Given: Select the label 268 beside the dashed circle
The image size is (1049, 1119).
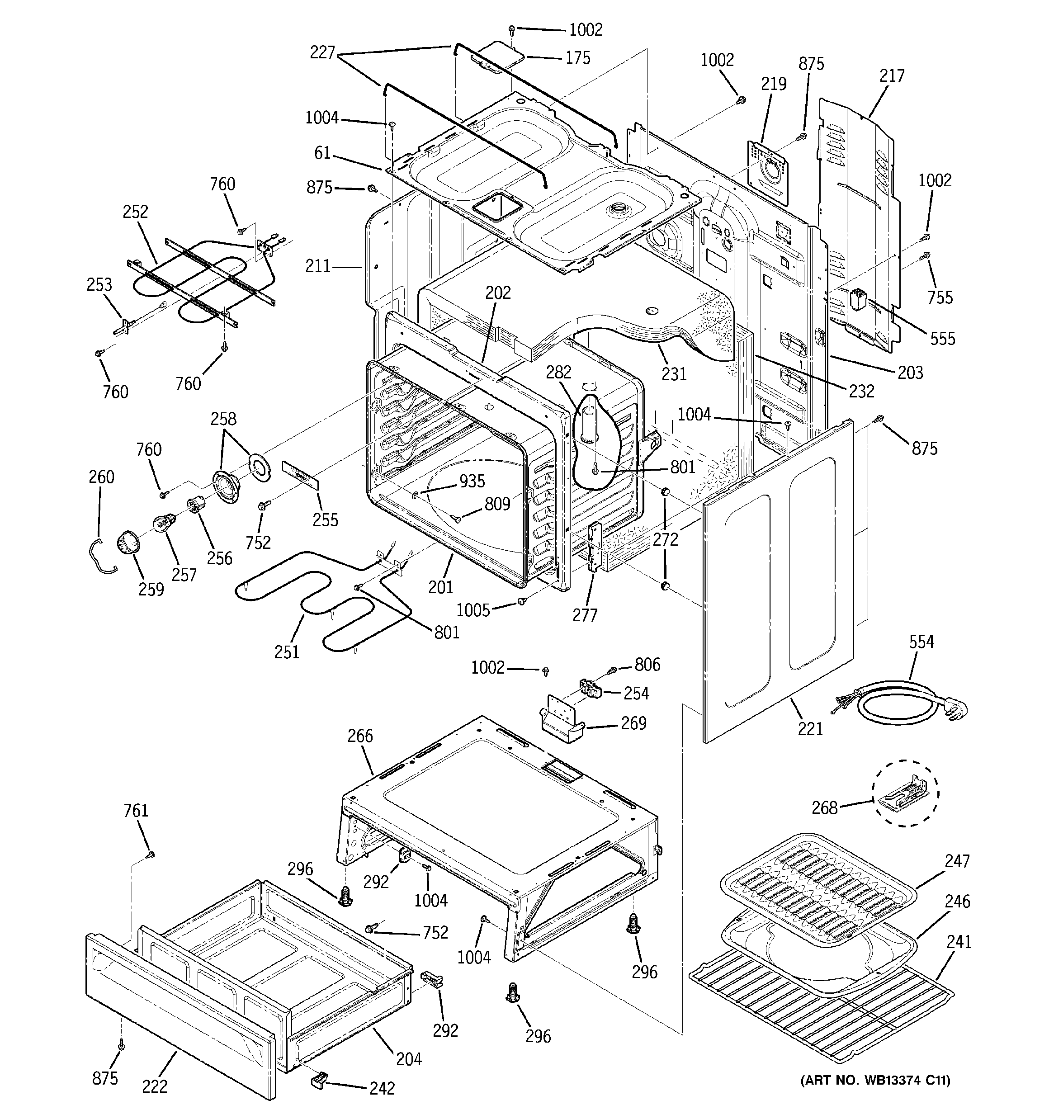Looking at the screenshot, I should [x=824, y=808].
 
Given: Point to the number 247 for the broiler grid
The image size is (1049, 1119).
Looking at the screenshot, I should [x=957, y=861].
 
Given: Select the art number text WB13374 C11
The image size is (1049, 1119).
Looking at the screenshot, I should [x=875, y=1080].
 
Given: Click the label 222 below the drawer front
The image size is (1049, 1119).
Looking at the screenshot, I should [x=154, y=1086].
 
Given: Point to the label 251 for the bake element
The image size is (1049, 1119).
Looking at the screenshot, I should [x=287, y=652].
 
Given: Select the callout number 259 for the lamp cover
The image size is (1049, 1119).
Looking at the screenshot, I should [x=151, y=589].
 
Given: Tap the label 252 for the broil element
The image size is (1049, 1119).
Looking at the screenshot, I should [x=135, y=212].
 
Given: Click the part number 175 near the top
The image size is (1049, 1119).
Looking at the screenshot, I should [x=578, y=58].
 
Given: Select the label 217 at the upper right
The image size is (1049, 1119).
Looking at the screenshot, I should [x=892, y=76].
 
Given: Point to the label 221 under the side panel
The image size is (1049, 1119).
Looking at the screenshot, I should [x=810, y=729].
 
